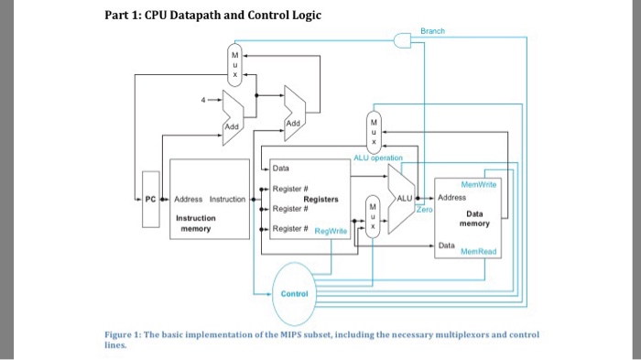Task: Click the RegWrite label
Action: pos(331,232)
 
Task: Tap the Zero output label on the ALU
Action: pos(422,210)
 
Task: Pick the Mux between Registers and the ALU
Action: pos(371,216)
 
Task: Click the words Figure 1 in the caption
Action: pos(124,336)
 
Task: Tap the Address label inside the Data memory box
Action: pos(453,198)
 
